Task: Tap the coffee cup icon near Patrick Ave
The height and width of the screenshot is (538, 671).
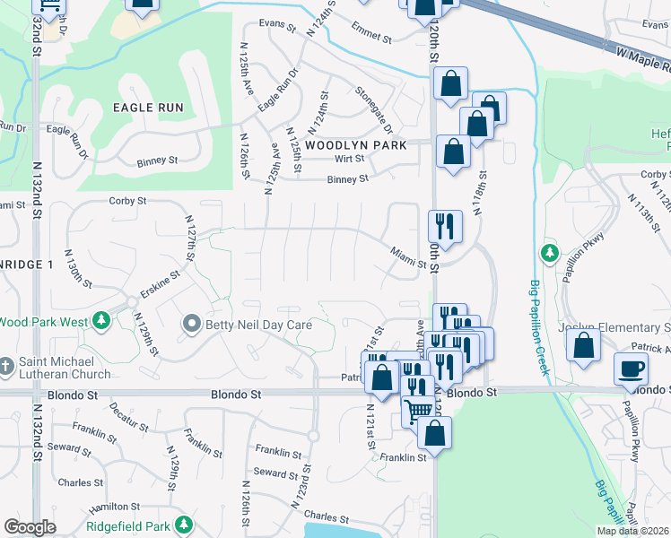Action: [x=631, y=369]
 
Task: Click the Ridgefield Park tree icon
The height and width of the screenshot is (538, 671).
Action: [x=183, y=524]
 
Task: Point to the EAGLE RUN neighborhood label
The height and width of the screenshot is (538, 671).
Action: [x=148, y=108]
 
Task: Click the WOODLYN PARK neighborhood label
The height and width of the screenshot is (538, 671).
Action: [x=355, y=144]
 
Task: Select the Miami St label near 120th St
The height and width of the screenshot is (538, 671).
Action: [x=408, y=258]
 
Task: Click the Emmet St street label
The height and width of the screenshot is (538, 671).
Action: [x=372, y=38]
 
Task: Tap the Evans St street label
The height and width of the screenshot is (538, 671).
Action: [x=277, y=23]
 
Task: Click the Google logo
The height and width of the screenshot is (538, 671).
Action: [x=30, y=527]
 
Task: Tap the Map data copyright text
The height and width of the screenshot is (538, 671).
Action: [x=632, y=531]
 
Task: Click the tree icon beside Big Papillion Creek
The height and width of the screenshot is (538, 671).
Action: [x=549, y=254]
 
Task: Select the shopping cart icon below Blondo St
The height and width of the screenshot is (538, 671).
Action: [x=418, y=412]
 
